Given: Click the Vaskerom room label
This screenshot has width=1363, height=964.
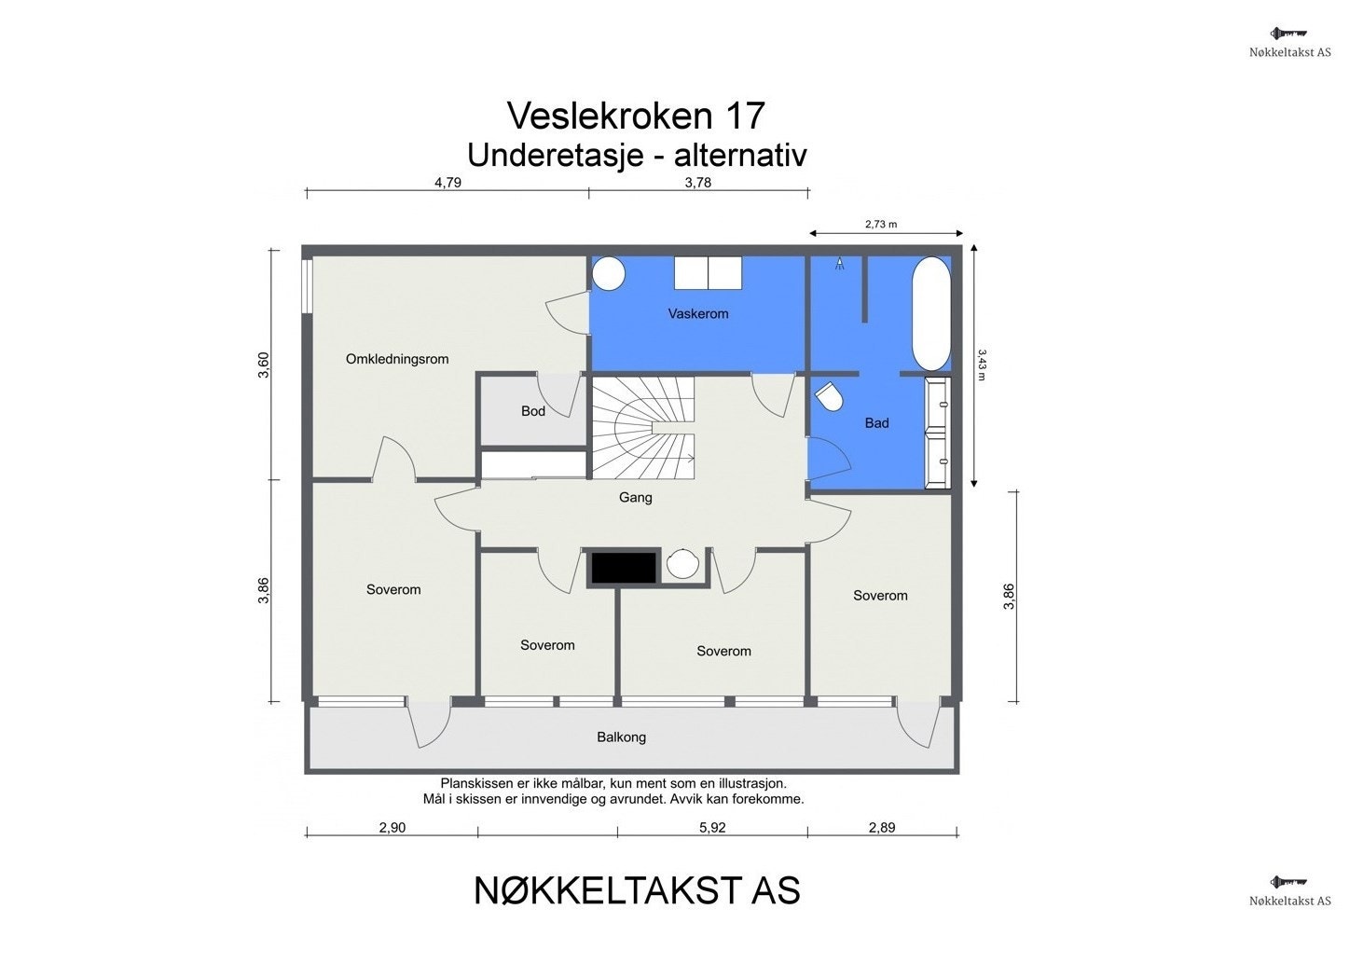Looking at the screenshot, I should tap(697, 314).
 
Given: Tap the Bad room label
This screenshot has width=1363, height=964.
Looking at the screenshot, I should tap(876, 423).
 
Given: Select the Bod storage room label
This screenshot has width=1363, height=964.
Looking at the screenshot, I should tap(533, 411).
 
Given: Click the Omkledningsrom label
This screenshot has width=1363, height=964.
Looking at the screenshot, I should tap(397, 359).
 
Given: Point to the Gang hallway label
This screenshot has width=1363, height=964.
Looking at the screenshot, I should tap(636, 498).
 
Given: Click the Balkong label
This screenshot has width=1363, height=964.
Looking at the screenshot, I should tap(622, 737).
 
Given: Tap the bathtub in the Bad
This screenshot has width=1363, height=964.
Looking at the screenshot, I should tap(930, 313).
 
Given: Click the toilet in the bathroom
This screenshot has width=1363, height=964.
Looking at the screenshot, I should tap(829, 398).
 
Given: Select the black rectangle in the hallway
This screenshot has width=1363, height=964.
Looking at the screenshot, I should tap(623, 567).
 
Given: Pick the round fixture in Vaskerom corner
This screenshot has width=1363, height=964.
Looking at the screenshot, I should tap(609, 273).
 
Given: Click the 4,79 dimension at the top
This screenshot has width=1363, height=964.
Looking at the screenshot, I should tap(447, 183).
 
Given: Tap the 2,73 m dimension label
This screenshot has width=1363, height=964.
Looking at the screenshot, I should tap(880, 225).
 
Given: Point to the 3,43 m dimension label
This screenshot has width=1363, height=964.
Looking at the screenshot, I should tap(983, 365).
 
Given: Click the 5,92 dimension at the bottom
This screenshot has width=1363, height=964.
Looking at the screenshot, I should tap(711, 828).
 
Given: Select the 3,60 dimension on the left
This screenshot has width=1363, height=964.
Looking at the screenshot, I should tap(264, 365).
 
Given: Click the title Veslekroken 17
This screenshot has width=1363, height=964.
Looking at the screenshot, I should tap(636, 116).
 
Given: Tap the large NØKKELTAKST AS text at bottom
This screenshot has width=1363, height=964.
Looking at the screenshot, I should tap(637, 891).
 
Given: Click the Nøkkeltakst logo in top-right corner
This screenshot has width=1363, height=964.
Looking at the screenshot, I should tap(1290, 43).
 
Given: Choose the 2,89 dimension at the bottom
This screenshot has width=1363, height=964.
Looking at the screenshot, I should tap(882, 828).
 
